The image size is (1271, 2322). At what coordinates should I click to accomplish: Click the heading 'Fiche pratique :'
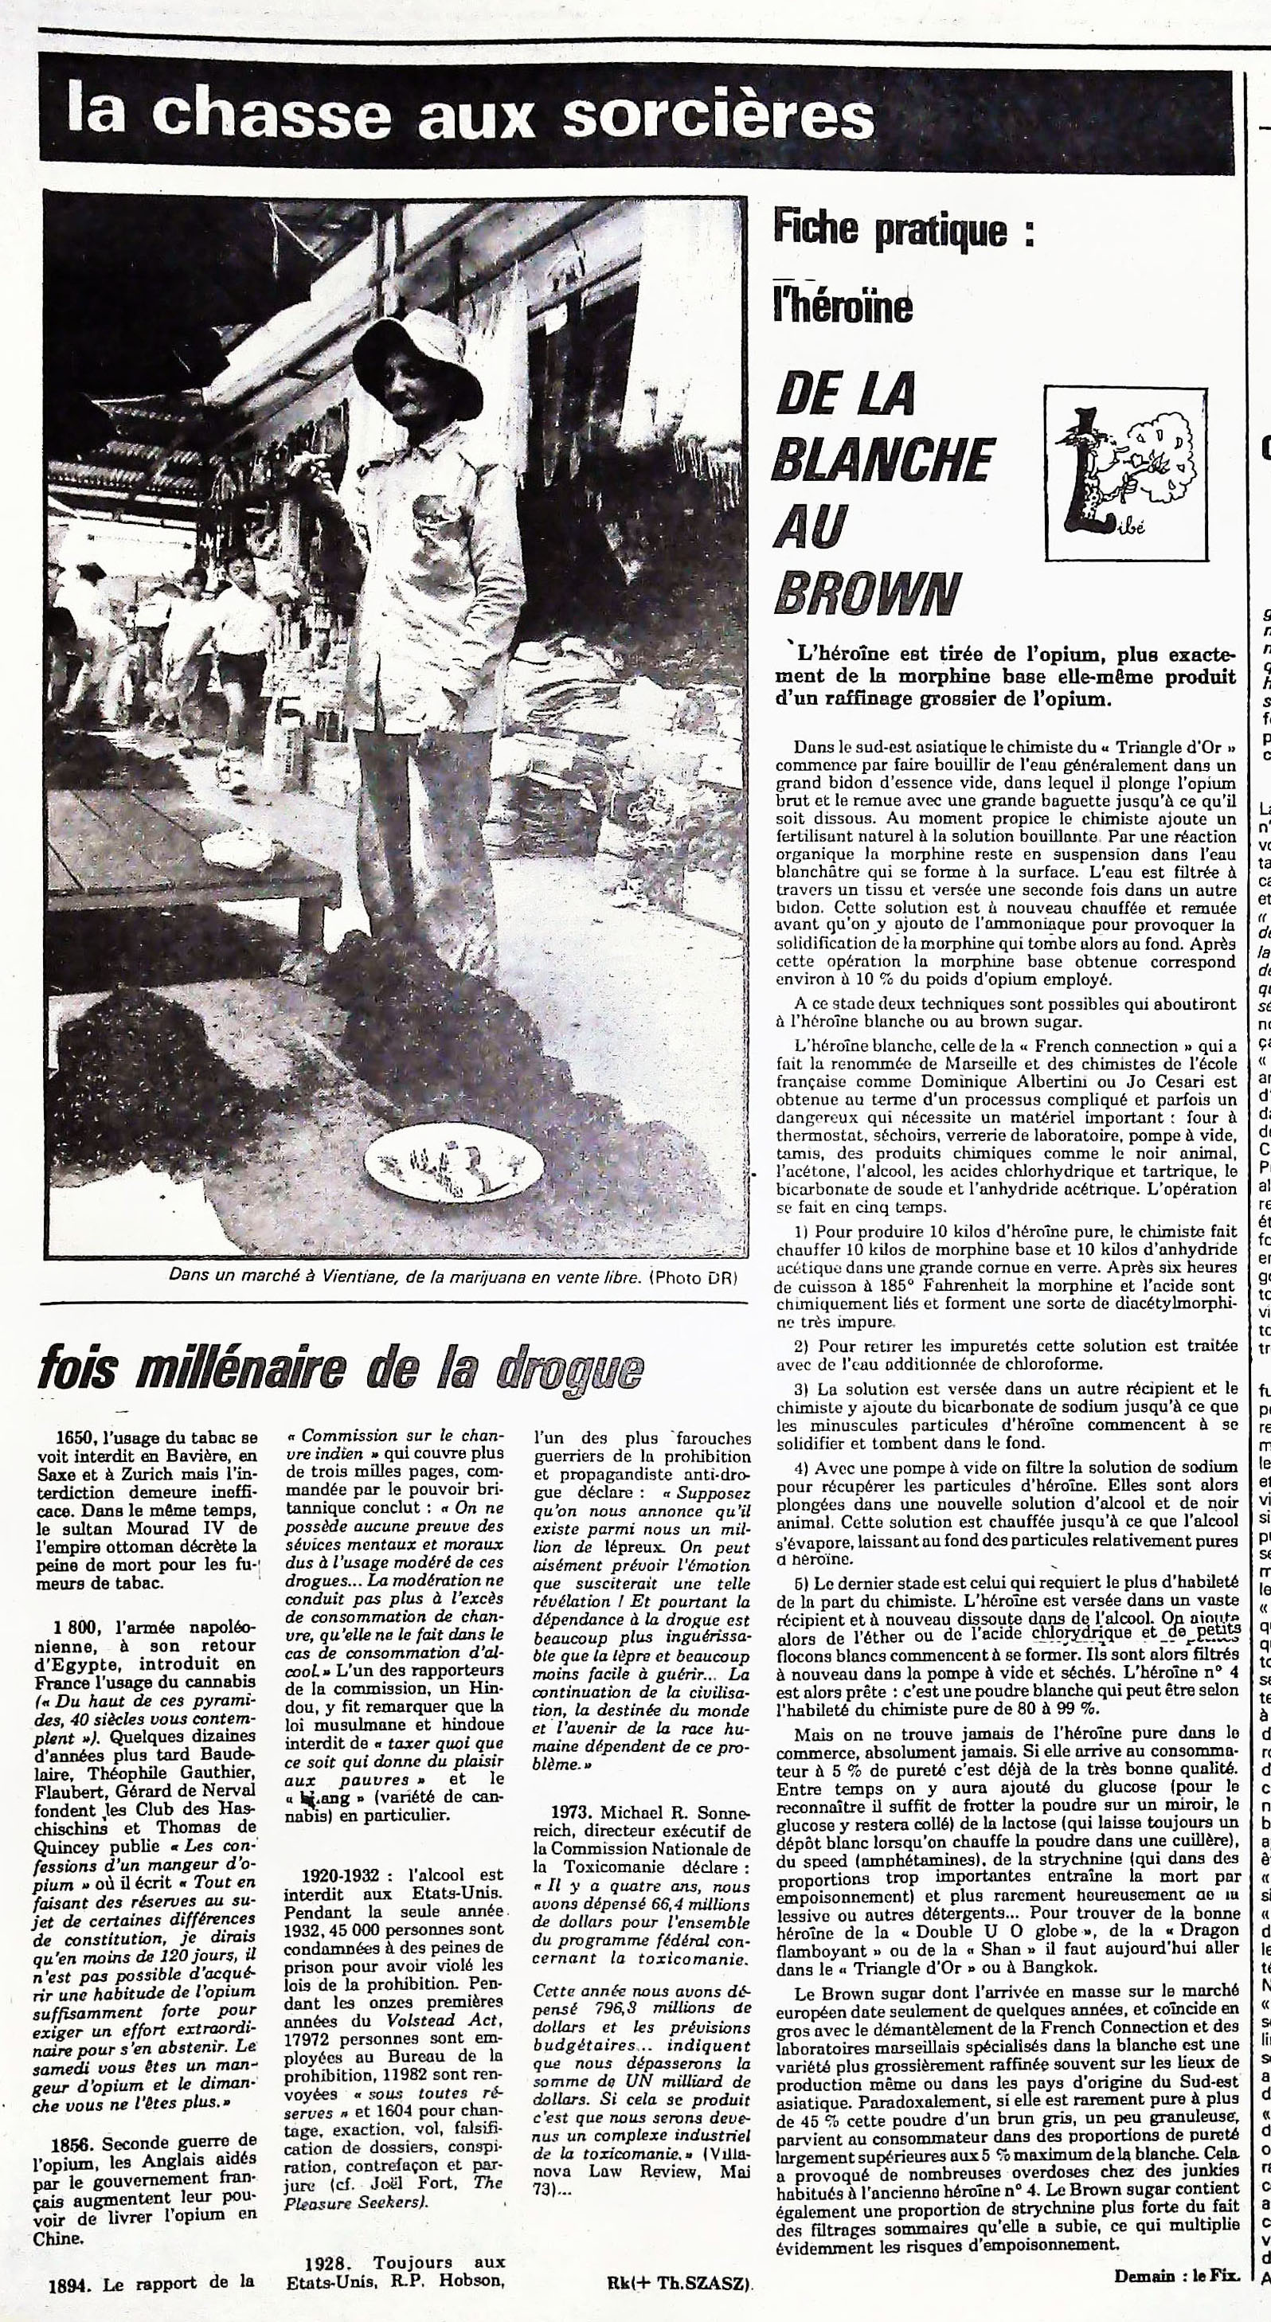[901, 231]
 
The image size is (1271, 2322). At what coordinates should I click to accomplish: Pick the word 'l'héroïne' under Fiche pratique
[843, 307]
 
